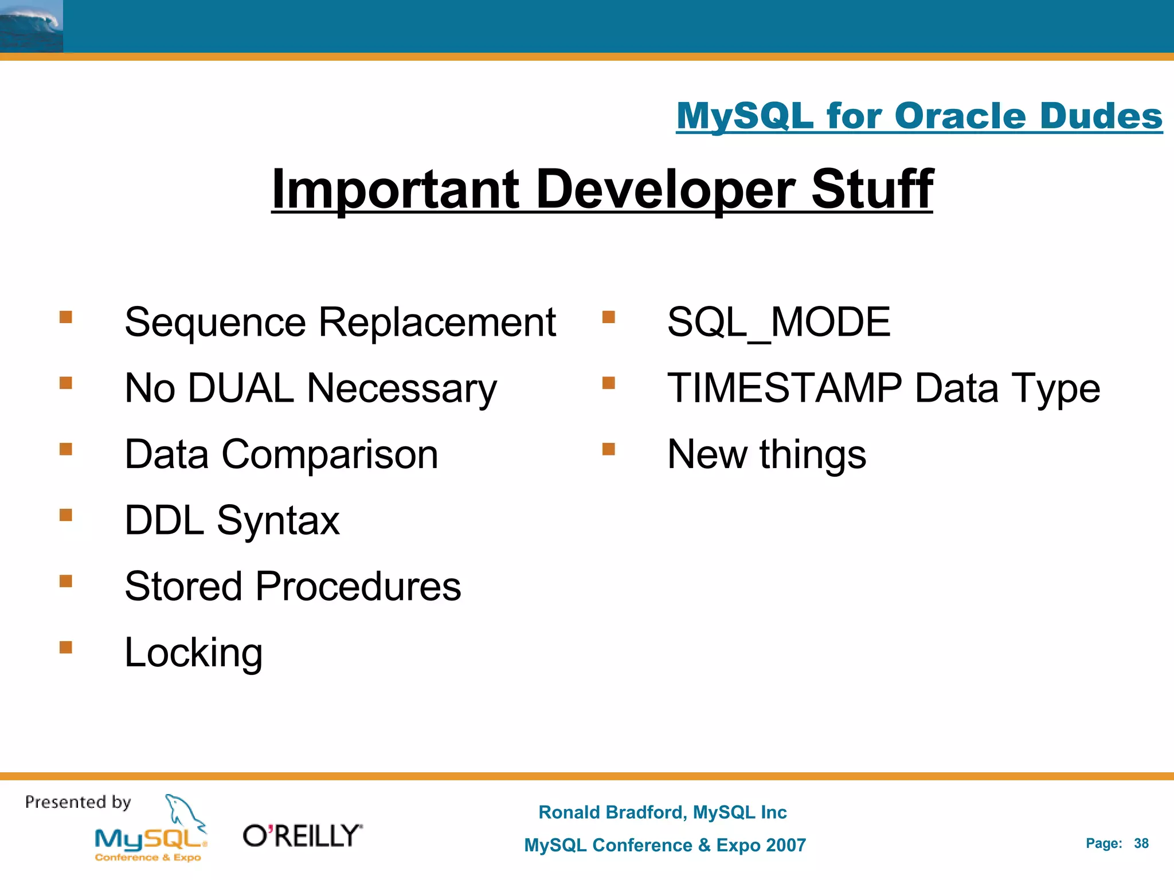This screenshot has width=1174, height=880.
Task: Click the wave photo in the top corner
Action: coord(31,26)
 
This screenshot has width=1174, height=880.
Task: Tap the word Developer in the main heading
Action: coord(665,189)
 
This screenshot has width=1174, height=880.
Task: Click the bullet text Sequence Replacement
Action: coord(340,322)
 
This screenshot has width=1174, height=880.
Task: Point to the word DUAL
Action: coord(241,388)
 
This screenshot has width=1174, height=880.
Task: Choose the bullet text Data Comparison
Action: coord(281,454)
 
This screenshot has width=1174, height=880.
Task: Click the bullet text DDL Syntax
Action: coord(232,520)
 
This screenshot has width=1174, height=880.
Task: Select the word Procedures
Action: coord(358,587)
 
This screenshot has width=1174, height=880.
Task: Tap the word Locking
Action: coord(193,653)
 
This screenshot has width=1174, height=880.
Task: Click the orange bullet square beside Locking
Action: coord(66,647)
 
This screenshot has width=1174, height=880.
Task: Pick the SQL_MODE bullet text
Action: coord(778,322)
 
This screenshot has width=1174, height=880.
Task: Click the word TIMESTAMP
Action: coord(784,388)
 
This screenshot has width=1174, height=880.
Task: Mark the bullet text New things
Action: coord(766,454)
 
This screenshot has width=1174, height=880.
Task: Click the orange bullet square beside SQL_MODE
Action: coord(609,317)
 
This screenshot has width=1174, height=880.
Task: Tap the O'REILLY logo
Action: coord(303,836)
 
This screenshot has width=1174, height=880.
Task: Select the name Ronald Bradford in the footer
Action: coord(612,812)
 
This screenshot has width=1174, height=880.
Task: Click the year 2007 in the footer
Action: coord(785,845)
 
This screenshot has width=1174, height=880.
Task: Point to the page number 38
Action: coord(1141,843)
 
